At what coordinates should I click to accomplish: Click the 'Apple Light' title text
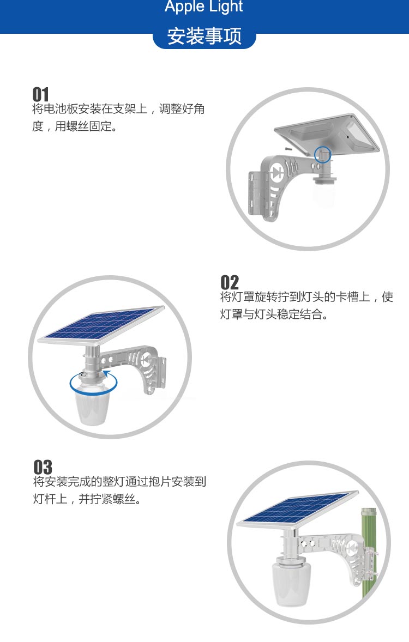point(203,6)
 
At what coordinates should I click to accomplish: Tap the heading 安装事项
point(204,36)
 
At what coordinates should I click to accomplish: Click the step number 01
point(40,94)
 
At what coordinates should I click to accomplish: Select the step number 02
point(230,282)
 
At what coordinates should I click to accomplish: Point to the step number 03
point(43,467)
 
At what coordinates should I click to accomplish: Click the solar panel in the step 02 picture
point(101,324)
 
